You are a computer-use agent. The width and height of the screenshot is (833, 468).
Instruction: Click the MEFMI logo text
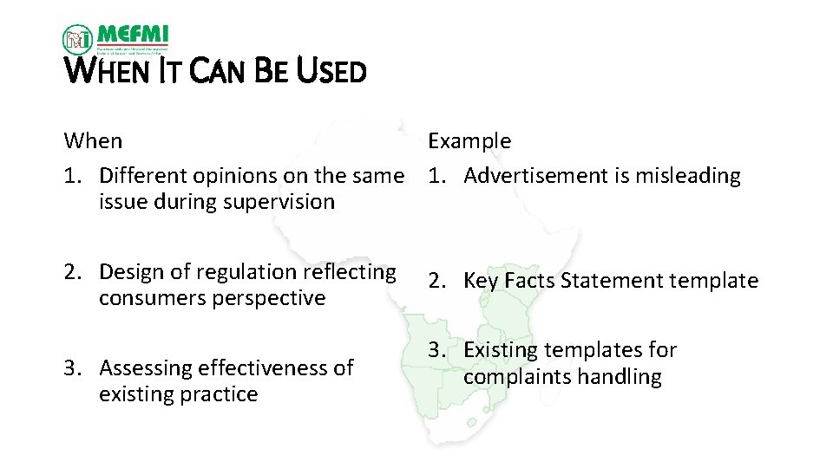[x=133, y=36]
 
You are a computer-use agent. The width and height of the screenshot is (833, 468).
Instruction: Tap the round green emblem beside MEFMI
[x=77, y=39]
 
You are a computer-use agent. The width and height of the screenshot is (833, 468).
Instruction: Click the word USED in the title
[x=331, y=71]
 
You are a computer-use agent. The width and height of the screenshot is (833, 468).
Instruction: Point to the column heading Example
[x=469, y=140]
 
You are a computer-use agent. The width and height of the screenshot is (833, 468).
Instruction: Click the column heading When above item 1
[x=93, y=140]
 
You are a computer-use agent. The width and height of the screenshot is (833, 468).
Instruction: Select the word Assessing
[x=146, y=367]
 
